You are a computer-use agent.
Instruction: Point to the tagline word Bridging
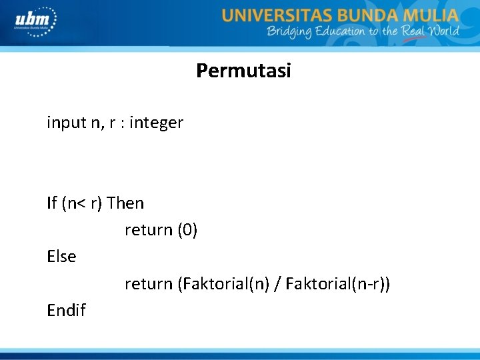pos(289,31)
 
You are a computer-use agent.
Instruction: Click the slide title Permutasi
pos(243,71)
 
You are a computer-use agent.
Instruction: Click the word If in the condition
pos(52,203)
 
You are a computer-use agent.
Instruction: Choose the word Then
pos(125,203)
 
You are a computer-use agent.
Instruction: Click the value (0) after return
pos(187,230)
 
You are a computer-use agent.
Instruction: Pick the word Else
pos(61,256)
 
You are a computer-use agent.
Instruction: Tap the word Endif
pos(66,310)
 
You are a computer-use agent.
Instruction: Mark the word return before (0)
pos(148,230)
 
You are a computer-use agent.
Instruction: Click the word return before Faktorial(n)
pos(148,284)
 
